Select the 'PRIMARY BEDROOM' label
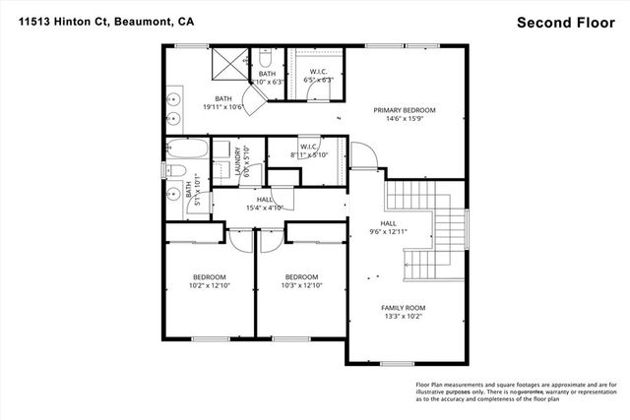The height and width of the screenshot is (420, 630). click(x=404, y=110)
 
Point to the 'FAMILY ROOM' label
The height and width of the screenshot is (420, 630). click(x=405, y=308)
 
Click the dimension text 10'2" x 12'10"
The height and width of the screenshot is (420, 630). click(x=209, y=285)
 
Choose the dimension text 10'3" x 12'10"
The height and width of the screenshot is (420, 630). click(x=302, y=285)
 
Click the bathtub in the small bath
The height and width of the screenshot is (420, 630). click(x=187, y=152)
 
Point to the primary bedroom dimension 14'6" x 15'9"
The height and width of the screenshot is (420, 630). click(x=404, y=119)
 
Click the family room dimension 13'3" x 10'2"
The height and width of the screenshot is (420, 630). click(x=405, y=317)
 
